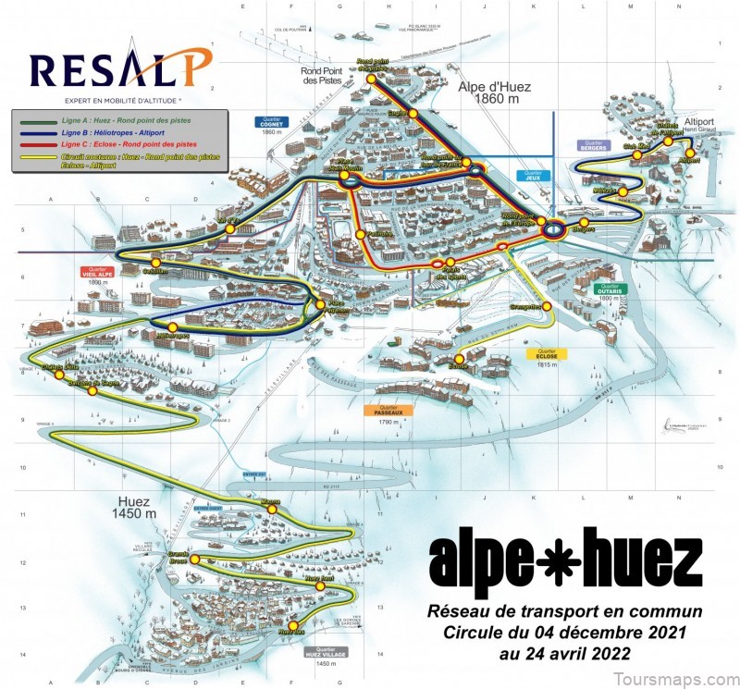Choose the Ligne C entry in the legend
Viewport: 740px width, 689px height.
(x=117, y=145)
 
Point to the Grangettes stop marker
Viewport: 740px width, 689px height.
(x=547, y=306)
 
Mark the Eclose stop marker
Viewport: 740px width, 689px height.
(x=460, y=359)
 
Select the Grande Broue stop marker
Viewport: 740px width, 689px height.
(x=195, y=560)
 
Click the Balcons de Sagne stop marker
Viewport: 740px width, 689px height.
(x=91, y=391)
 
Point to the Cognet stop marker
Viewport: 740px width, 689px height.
(x=413, y=113)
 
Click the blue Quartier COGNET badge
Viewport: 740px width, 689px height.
(x=271, y=121)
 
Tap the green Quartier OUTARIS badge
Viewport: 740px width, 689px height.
(x=610, y=289)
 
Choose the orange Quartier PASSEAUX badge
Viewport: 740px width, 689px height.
(x=393, y=411)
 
